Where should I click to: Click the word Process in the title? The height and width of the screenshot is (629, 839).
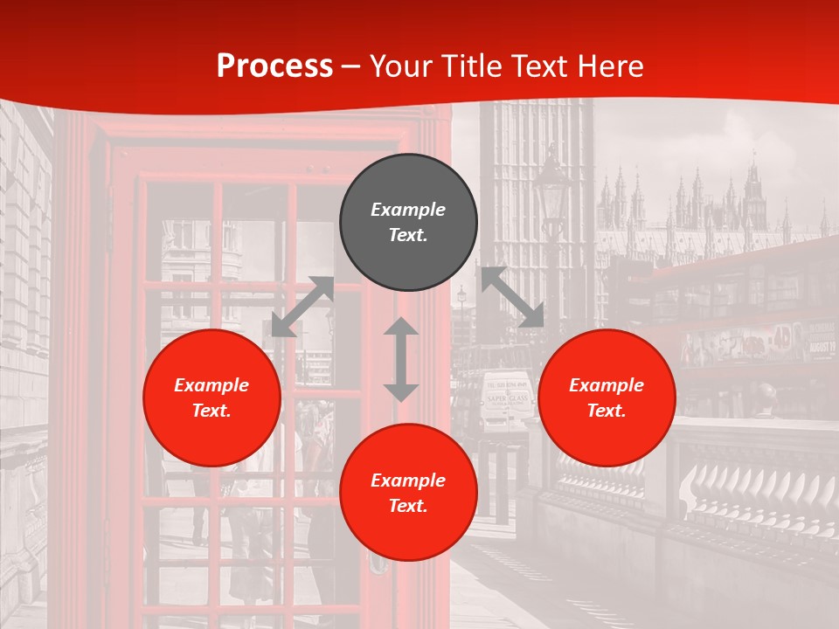274,66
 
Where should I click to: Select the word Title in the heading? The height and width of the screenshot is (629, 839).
472,66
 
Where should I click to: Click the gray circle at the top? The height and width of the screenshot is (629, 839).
408,223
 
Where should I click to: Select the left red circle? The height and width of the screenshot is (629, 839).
211,397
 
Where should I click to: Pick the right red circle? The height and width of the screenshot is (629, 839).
607,397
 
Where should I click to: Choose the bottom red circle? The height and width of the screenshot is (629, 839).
408,493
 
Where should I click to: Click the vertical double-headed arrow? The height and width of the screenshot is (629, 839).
401,359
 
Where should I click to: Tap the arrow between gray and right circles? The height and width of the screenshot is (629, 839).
512,297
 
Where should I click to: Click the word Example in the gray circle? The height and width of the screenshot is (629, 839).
408,210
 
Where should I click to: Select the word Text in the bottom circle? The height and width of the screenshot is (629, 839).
408,506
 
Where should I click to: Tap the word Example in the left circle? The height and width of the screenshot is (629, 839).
211,385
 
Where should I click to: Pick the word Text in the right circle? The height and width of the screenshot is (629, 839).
607,411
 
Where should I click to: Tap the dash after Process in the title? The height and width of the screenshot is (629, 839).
350,66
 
